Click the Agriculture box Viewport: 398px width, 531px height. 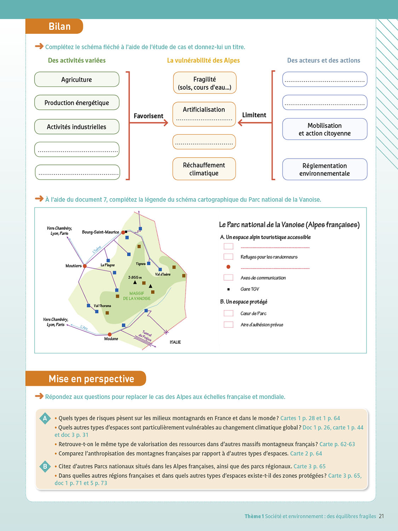(x=76, y=80)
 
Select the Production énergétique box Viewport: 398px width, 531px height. (x=76, y=103)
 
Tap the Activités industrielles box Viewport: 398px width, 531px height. (x=76, y=127)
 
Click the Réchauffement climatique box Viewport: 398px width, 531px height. (x=204, y=169)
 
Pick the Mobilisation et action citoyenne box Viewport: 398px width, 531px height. (x=324, y=129)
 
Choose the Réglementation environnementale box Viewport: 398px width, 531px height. (x=324, y=170)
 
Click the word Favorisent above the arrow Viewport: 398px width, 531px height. (x=148, y=116)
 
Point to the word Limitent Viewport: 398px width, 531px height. (x=254, y=115)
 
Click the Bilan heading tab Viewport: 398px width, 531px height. (x=59, y=27)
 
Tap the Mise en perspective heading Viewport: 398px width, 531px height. (x=91, y=379)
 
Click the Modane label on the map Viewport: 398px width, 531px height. (x=111, y=339)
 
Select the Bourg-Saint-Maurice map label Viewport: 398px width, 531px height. (x=100, y=232)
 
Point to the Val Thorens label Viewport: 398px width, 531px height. (x=102, y=306)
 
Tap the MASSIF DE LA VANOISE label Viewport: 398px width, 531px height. (x=137, y=296)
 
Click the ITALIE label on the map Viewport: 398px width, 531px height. (x=175, y=342)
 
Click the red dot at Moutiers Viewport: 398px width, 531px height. (x=85, y=266)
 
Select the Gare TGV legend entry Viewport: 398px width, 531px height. (x=250, y=289)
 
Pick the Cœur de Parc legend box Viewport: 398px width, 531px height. (x=229, y=313)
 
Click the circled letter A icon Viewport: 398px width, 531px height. (x=45, y=418)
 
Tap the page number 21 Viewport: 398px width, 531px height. (x=381, y=516)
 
